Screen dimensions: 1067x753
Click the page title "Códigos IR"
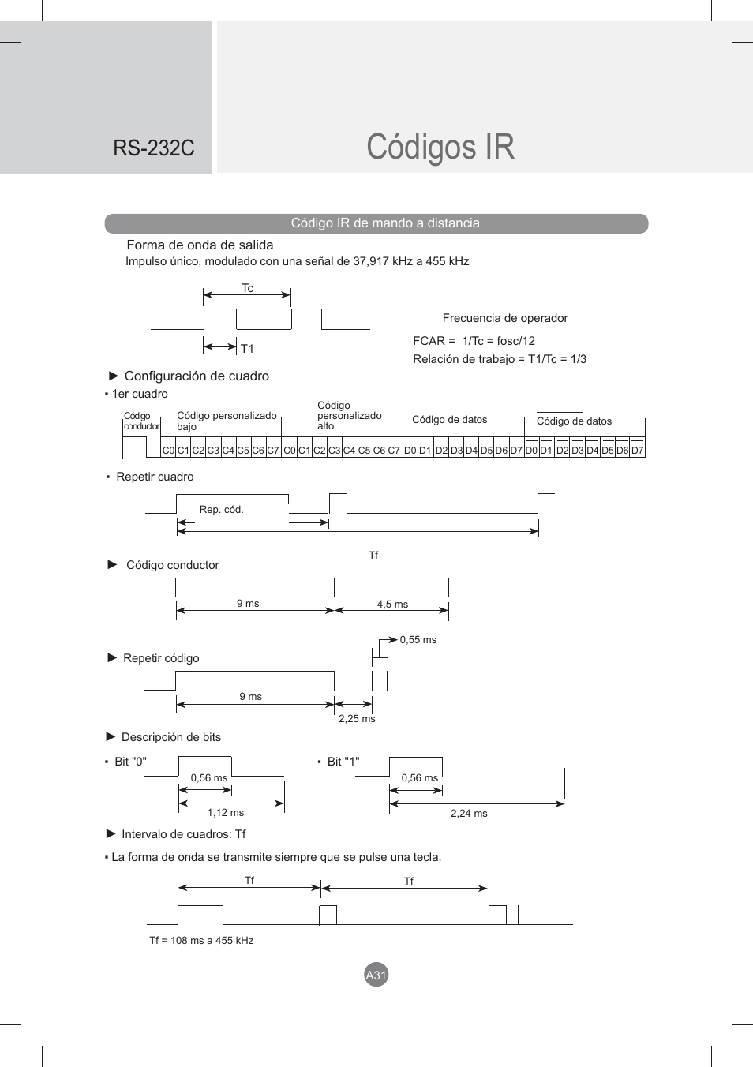pyautogui.click(x=440, y=148)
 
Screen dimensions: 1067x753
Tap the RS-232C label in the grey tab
pyautogui.click(x=153, y=148)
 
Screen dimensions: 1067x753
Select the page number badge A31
pyautogui.click(x=376, y=975)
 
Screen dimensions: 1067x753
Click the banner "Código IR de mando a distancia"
pyautogui.click(x=384, y=223)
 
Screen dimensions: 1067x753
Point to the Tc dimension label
pyautogui.click(x=247, y=288)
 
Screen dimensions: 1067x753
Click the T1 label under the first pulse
pyautogui.click(x=247, y=349)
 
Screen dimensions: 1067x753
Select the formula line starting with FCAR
pyautogui.click(x=474, y=341)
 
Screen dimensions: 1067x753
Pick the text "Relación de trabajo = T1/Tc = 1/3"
pyautogui.click(x=499, y=359)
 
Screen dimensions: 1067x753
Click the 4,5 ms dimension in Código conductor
pyautogui.click(x=392, y=605)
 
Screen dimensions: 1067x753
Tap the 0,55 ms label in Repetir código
pyautogui.click(x=418, y=640)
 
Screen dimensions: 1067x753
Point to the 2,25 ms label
pyautogui.click(x=357, y=719)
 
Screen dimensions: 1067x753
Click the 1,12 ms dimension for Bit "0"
pyautogui.click(x=226, y=813)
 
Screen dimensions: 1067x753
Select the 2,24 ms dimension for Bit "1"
pyautogui.click(x=469, y=814)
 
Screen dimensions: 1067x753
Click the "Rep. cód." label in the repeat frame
pyautogui.click(x=221, y=510)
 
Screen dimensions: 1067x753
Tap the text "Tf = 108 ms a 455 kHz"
pyautogui.click(x=201, y=941)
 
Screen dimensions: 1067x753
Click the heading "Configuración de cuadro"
pyautogui.click(x=197, y=376)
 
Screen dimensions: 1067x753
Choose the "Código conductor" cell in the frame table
pyautogui.click(x=141, y=421)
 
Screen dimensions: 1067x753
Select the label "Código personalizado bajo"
pyautogui.click(x=227, y=421)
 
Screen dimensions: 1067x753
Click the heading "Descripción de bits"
pyautogui.click(x=171, y=737)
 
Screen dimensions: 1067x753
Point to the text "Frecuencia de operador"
pyautogui.click(x=505, y=318)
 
